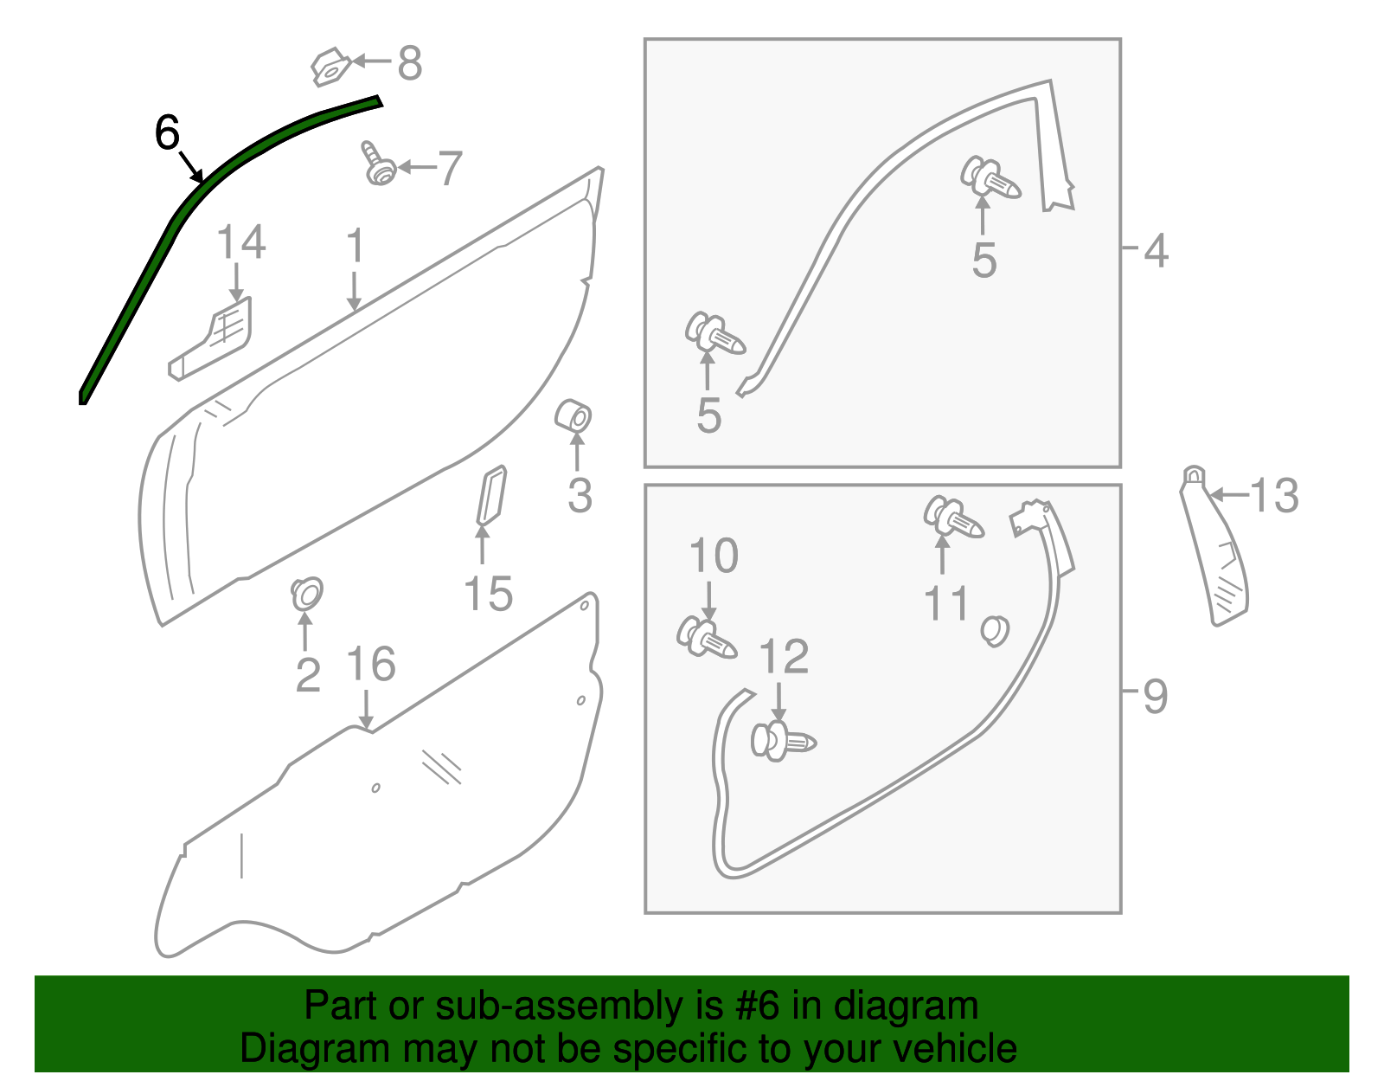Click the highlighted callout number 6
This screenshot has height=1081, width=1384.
[x=167, y=133]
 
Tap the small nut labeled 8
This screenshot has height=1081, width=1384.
[x=330, y=68]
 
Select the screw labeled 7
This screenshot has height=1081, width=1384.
[x=378, y=164]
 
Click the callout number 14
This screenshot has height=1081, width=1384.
[x=240, y=242]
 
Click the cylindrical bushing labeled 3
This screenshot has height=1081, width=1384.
[x=573, y=416]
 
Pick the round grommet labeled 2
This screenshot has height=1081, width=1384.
[x=306, y=593]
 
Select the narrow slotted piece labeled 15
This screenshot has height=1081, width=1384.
[x=491, y=495]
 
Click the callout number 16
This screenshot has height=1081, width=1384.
[x=370, y=665]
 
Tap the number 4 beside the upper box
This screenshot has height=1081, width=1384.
[x=1156, y=250]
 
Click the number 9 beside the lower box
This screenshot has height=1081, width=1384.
[x=1155, y=695]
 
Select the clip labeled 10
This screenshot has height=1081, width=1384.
[x=706, y=639]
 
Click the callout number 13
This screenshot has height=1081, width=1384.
[x=1273, y=496]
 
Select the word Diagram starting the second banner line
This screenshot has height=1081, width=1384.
[x=289, y=1048]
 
